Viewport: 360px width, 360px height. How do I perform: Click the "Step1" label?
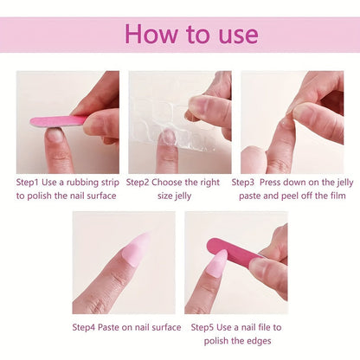pyautogui.click(x=31, y=183)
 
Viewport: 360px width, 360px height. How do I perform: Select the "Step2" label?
pyautogui.click(x=142, y=183)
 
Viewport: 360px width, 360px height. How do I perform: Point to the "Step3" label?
pyautogui.click(x=247, y=183)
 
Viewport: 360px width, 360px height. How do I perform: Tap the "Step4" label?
pyautogui.click(x=87, y=327)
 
